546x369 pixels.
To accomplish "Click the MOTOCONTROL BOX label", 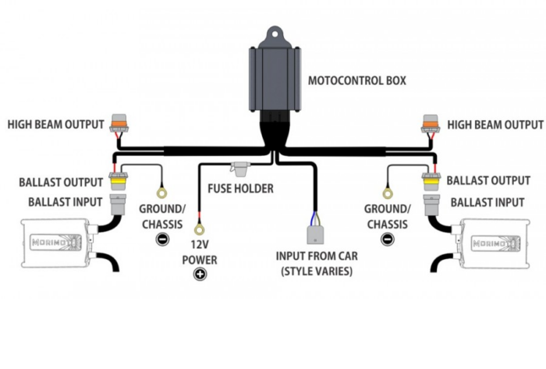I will pos(357,80).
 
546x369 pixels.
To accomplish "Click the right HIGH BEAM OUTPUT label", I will pos(495,125).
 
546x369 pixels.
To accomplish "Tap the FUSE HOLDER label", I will pos(240,189).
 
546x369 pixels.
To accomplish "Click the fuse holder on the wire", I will pos(241,168).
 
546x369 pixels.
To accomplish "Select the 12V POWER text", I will pos(200,252).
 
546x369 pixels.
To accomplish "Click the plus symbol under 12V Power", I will pos(200,275).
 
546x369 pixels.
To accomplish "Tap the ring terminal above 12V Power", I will pos(200,230).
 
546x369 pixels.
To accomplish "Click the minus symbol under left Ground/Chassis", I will pos(162,239).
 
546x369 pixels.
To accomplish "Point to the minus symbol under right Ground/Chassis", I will pos(386,239).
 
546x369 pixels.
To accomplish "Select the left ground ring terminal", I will pos(162,192).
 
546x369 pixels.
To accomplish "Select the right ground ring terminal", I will pos(386,192).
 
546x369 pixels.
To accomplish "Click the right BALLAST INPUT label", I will pos(487,203).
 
